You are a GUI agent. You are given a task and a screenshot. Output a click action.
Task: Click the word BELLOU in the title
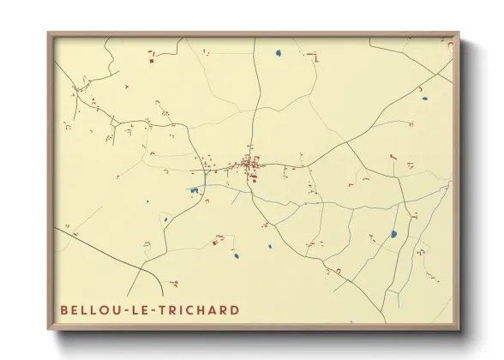88,309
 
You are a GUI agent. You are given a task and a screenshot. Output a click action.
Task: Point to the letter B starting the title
64,309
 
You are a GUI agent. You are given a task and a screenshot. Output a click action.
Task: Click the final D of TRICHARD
235,309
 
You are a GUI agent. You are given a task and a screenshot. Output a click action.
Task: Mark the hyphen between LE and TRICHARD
156,309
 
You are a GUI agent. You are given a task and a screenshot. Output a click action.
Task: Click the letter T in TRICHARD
165,309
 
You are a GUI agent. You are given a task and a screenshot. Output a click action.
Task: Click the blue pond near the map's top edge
279,54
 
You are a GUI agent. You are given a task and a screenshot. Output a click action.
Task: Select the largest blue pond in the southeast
393,233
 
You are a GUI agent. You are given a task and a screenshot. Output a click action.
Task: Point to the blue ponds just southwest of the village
195,189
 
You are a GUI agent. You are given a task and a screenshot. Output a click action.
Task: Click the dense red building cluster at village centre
249,163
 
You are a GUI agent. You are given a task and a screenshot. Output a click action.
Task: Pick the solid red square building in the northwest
150,60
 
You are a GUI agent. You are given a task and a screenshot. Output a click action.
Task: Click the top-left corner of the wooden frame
49,33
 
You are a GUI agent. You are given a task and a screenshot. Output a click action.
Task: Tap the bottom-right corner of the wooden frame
459,330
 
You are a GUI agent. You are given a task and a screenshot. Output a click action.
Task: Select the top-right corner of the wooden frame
459,33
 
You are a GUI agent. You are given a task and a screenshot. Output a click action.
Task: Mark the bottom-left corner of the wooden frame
49,330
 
